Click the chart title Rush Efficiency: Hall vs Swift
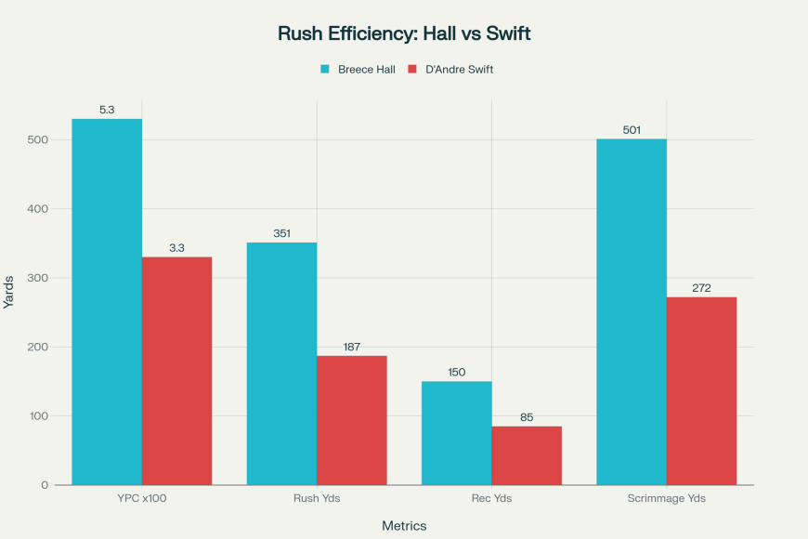pyautogui.click(x=404, y=33)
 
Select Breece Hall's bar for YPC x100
pyautogui.click(x=107, y=302)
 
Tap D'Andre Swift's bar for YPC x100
pyautogui.click(x=177, y=371)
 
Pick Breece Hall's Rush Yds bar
pyautogui.click(x=281, y=363)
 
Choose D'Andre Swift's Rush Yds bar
pyautogui.click(x=352, y=420)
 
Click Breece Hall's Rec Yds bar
pyautogui.click(x=457, y=433)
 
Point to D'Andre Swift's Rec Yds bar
pyautogui.click(x=527, y=455)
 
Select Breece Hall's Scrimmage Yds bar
pyautogui.click(x=632, y=311)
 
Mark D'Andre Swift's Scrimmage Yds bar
pyautogui.click(x=701, y=390)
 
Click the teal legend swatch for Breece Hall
pyautogui.click(x=326, y=70)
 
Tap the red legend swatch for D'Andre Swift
pyautogui.click(x=413, y=70)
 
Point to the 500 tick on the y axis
pyautogui.click(x=37, y=139)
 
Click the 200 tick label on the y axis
pyautogui.click(x=37, y=347)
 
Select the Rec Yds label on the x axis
pyautogui.click(x=491, y=499)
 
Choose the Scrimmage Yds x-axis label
pyautogui.click(x=666, y=499)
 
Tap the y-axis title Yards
pyautogui.click(x=10, y=292)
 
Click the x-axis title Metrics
pyautogui.click(x=404, y=526)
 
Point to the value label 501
pyautogui.click(x=632, y=130)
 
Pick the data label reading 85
pyautogui.click(x=527, y=417)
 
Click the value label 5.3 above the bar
pyautogui.click(x=107, y=110)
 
